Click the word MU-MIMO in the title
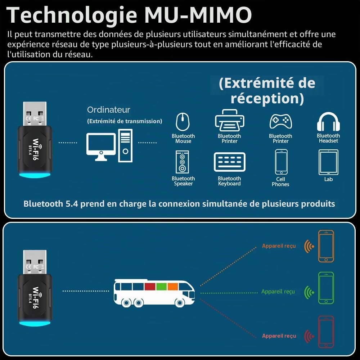pos(198,15)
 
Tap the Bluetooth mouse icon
pos(183,121)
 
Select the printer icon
pos(229,120)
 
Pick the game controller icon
pos(280,121)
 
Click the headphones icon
pos(328,122)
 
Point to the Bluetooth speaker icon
pos(182,162)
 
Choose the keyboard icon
pos(229,162)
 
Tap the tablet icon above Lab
pos(328,162)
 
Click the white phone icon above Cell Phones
pos(281,162)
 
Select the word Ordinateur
pos(109,110)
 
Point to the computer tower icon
pos(125,145)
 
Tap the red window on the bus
pos(150,287)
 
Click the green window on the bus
pos(161,287)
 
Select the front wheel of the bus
pos(180,303)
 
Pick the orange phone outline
pos(326,246)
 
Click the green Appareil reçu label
pos(278,292)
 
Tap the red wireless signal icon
pos(309,336)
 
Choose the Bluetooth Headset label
pos(328,138)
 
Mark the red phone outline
pos(326,332)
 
